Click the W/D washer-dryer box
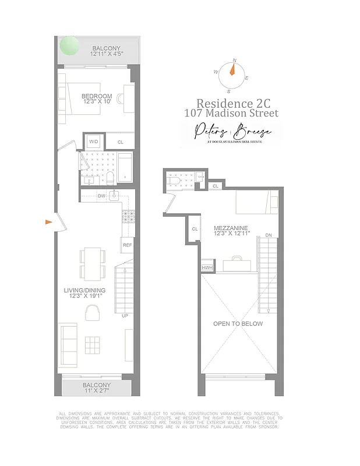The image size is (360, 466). pos(93,141)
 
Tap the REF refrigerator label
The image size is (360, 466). pos(127,245)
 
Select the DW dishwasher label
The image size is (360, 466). pos(101,196)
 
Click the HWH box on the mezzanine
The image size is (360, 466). pos(207,267)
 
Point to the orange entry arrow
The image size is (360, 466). pos(50,221)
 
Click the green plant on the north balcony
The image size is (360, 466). pos(69,45)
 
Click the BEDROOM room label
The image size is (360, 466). pos(97,96)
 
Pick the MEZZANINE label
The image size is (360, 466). pos(231,228)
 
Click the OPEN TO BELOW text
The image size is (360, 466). pos(238,323)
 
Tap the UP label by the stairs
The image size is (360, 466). pos(125,316)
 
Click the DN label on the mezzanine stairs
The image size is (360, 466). pos(268,235)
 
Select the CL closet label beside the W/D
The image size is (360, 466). pos(121,142)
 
